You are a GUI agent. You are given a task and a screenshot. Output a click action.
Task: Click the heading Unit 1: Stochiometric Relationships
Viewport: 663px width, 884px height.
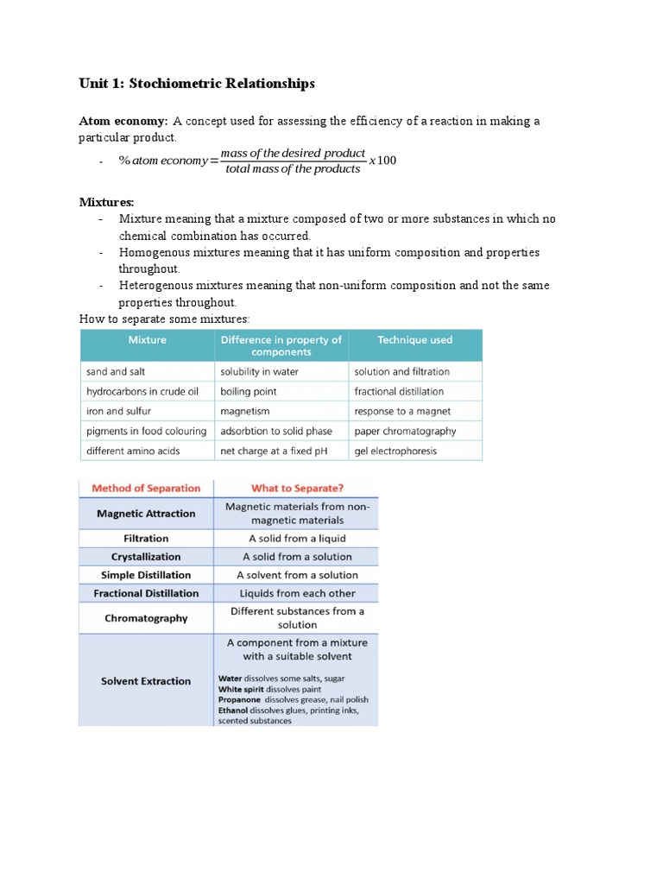[x=197, y=84]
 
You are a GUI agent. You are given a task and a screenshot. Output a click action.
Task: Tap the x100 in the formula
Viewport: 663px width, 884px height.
[x=382, y=161]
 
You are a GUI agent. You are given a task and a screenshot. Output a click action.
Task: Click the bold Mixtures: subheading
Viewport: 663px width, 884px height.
[x=107, y=202]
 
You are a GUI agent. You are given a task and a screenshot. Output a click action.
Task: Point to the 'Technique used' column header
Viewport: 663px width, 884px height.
[x=414, y=340]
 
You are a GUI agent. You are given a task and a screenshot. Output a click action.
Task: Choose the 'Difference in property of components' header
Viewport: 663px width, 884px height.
[x=281, y=345]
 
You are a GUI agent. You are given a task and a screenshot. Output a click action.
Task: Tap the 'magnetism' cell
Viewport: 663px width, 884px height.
[x=245, y=411]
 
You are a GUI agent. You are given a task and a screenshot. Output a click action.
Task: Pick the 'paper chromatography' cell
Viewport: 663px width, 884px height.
[x=405, y=431]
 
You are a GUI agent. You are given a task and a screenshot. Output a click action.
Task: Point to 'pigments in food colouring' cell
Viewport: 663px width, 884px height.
[x=147, y=431]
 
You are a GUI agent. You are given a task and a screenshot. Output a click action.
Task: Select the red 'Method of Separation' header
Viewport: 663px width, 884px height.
[x=146, y=488]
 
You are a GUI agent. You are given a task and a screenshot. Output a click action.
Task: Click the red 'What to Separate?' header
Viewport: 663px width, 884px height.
[x=297, y=488]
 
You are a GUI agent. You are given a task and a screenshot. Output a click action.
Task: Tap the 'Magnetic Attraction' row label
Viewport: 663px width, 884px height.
[x=146, y=514]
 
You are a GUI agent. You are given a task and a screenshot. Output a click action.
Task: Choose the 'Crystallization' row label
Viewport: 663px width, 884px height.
[x=146, y=557]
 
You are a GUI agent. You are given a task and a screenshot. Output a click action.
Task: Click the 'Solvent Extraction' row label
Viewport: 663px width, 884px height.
[x=146, y=681]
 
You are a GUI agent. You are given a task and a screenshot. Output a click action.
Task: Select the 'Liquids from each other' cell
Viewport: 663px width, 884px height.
[x=297, y=593]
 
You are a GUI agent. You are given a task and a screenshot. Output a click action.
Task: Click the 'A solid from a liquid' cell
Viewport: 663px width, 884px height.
[x=297, y=538]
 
